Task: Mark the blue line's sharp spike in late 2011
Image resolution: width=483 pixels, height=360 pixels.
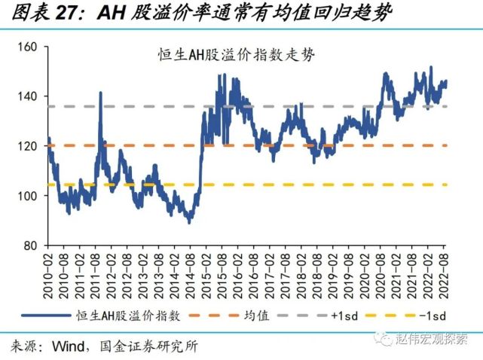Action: click(100, 93)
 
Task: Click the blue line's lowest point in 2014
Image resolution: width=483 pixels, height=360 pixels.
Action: click(189, 221)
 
